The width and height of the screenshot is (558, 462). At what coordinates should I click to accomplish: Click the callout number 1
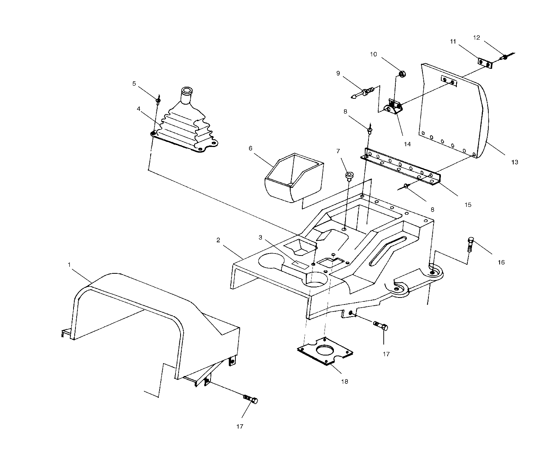pos(69,264)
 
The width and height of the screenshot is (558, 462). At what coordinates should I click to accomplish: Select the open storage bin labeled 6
pos(294,177)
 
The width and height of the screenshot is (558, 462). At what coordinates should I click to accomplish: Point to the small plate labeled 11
pos(485,63)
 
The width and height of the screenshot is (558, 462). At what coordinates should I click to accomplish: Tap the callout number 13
pos(514,162)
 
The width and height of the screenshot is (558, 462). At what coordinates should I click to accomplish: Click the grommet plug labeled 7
pos(348,176)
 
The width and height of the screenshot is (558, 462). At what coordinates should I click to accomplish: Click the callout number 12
pos(477,38)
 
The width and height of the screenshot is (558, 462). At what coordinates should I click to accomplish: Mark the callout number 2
pos(218,240)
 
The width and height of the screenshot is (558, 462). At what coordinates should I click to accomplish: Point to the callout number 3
pos(261,237)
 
